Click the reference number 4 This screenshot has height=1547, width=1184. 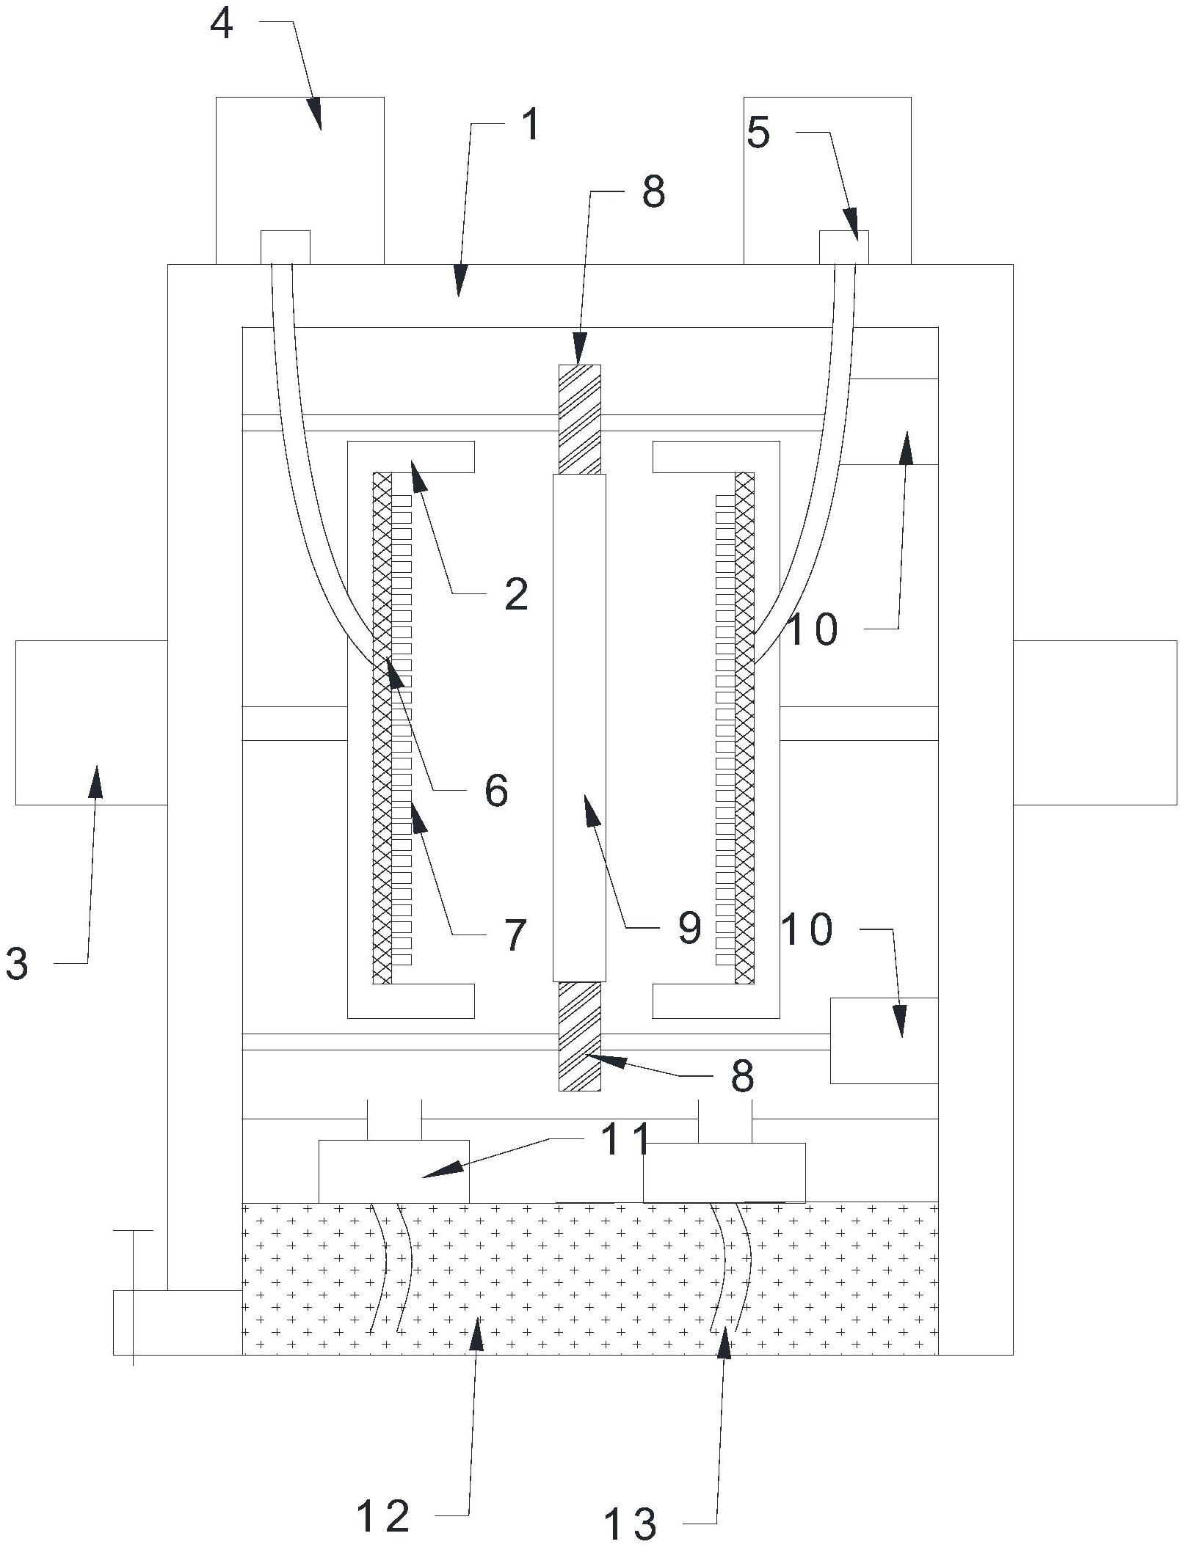click(x=222, y=25)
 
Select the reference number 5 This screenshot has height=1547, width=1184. click(x=759, y=134)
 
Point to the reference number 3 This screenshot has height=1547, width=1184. click(x=17, y=963)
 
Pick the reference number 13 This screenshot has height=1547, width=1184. click(x=630, y=1523)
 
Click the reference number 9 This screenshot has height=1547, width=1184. click(x=689, y=929)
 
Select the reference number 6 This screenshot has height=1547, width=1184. click(x=496, y=791)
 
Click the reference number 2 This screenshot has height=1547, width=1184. click(x=516, y=594)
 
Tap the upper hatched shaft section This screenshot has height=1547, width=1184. click(x=579, y=419)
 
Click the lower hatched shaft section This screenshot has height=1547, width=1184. click(x=579, y=1036)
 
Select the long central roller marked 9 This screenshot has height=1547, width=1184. click(x=579, y=726)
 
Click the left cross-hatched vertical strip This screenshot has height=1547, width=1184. click(x=382, y=726)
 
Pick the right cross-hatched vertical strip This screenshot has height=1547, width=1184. click(x=744, y=726)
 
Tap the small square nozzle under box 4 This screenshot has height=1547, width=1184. click(x=286, y=247)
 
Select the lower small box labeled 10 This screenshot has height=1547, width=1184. click(x=884, y=1040)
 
